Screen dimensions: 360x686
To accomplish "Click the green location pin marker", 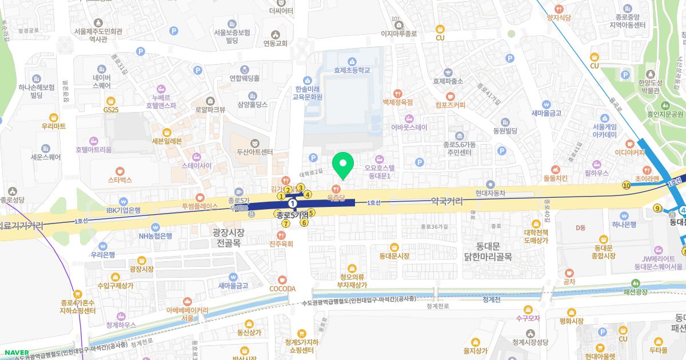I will tap(343, 166).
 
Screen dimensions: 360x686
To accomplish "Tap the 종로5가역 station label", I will tap(292, 214).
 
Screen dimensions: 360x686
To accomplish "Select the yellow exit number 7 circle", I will tap(285, 223).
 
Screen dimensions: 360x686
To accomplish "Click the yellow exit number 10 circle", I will tap(627, 185).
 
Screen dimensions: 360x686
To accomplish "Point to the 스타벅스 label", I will tap(119, 179).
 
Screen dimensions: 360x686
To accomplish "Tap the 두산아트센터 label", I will tap(255, 152).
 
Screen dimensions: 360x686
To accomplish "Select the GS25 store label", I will tap(111, 109).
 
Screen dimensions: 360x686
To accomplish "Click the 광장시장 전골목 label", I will tap(228, 237).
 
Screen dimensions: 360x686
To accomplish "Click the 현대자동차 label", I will tap(490, 193).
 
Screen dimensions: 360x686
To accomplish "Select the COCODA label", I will tap(282, 289).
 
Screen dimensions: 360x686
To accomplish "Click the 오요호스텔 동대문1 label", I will tap(380, 172).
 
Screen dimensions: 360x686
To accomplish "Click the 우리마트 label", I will tap(54, 126).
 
